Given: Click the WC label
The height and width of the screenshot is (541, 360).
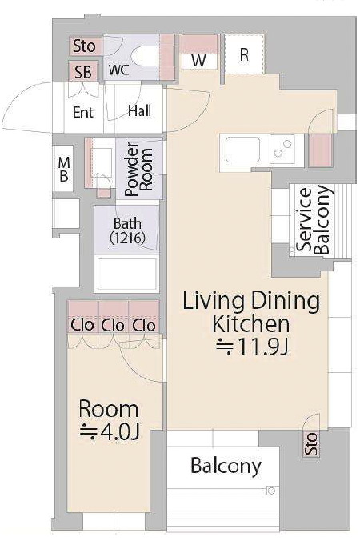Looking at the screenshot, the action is click(x=118, y=70).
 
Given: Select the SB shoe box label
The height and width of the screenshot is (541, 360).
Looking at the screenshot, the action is click(x=83, y=73).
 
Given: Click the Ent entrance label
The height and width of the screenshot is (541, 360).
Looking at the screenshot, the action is click(x=83, y=113).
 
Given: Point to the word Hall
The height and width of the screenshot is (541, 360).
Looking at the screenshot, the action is click(x=139, y=111).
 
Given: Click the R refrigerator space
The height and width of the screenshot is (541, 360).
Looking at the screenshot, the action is click(x=244, y=54).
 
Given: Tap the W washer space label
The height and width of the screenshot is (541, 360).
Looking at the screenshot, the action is click(x=199, y=61).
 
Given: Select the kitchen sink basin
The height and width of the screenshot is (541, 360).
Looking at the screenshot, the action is click(x=242, y=150).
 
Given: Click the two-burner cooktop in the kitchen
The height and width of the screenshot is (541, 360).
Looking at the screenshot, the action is click(x=282, y=149).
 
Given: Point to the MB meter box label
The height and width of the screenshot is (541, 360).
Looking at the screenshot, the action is click(x=64, y=170).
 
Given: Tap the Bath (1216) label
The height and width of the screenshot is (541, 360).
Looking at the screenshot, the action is click(x=127, y=230).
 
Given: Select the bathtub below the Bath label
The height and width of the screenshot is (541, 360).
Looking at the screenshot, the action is click(x=127, y=274).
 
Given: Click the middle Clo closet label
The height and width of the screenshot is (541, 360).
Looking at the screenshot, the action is click(x=113, y=326).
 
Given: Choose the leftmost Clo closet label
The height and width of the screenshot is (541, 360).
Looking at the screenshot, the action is click(x=82, y=325).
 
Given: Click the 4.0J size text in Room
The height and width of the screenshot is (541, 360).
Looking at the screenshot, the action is click(x=110, y=432).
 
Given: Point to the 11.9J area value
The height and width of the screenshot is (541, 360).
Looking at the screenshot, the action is click(x=252, y=347).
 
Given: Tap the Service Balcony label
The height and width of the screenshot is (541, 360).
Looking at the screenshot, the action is click(x=314, y=220).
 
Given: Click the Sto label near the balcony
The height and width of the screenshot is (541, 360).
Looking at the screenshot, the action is click(x=310, y=444).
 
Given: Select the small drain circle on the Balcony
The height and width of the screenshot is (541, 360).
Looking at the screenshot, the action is click(x=271, y=491).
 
